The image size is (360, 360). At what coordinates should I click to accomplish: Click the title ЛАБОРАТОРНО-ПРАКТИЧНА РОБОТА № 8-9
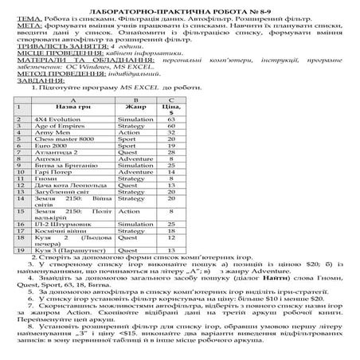[x=179, y=5]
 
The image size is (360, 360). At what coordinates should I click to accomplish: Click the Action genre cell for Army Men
[x=131, y=133]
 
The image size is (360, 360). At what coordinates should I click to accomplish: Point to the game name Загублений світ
[x=59, y=192]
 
